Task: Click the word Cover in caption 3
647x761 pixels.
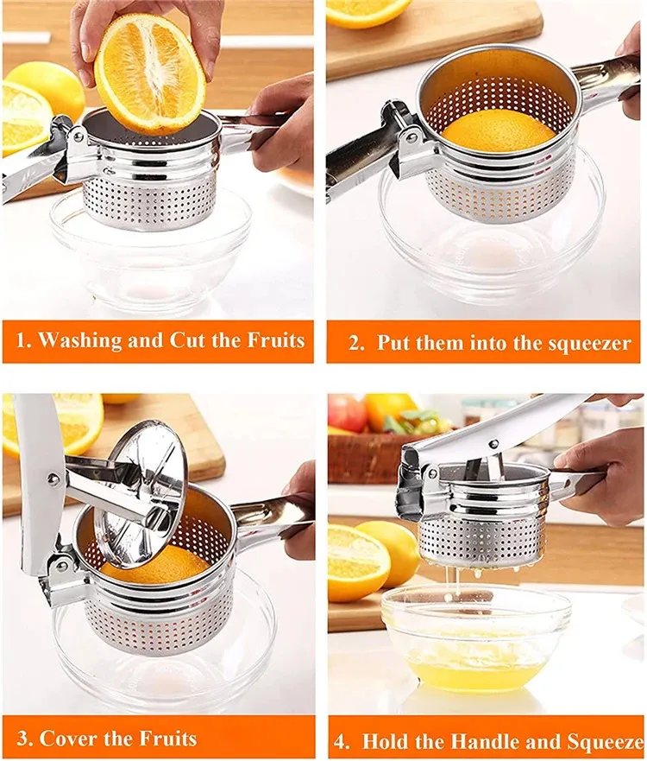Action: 69,739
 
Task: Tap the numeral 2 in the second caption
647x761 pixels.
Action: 355,343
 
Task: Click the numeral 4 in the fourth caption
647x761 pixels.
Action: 341,742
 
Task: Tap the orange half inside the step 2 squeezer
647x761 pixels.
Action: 499,130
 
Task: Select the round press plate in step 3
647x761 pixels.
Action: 141,493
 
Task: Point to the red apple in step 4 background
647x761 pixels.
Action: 347,414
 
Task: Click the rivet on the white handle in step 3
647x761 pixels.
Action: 50,479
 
